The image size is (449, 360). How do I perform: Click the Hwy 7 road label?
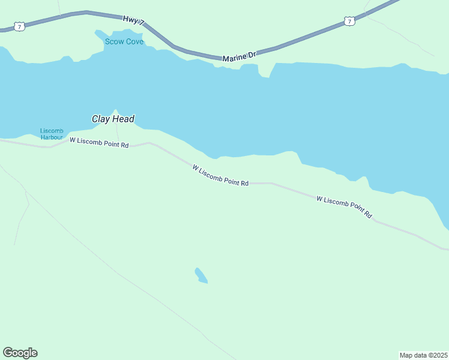(x=133, y=20)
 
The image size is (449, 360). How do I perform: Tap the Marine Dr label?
(x=239, y=57)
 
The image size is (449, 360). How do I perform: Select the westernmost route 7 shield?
(x=20, y=27)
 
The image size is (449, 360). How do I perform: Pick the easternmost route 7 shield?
(x=350, y=22)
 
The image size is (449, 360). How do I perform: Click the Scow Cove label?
(x=124, y=41)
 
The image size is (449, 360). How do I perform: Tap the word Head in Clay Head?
(x=123, y=119)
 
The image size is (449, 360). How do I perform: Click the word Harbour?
(x=52, y=137)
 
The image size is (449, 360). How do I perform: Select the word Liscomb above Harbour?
(x=52, y=131)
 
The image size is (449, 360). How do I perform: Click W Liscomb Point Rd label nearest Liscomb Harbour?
(x=99, y=142)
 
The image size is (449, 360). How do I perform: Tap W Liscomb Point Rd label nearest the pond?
(x=220, y=176)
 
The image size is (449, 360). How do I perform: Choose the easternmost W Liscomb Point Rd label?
(x=344, y=206)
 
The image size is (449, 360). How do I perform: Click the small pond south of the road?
(x=201, y=275)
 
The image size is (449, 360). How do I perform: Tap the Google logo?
(x=20, y=353)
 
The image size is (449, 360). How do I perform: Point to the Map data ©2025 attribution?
(x=423, y=355)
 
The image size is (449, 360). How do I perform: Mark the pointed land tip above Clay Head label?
(x=115, y=110)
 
